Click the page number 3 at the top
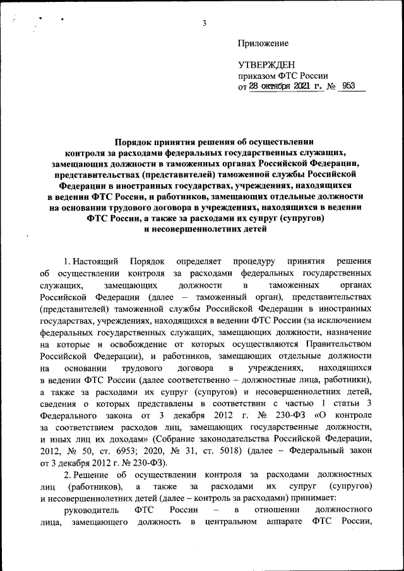coord(205,24)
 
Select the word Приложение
coord(263,44)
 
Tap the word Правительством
coord(335,344)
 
